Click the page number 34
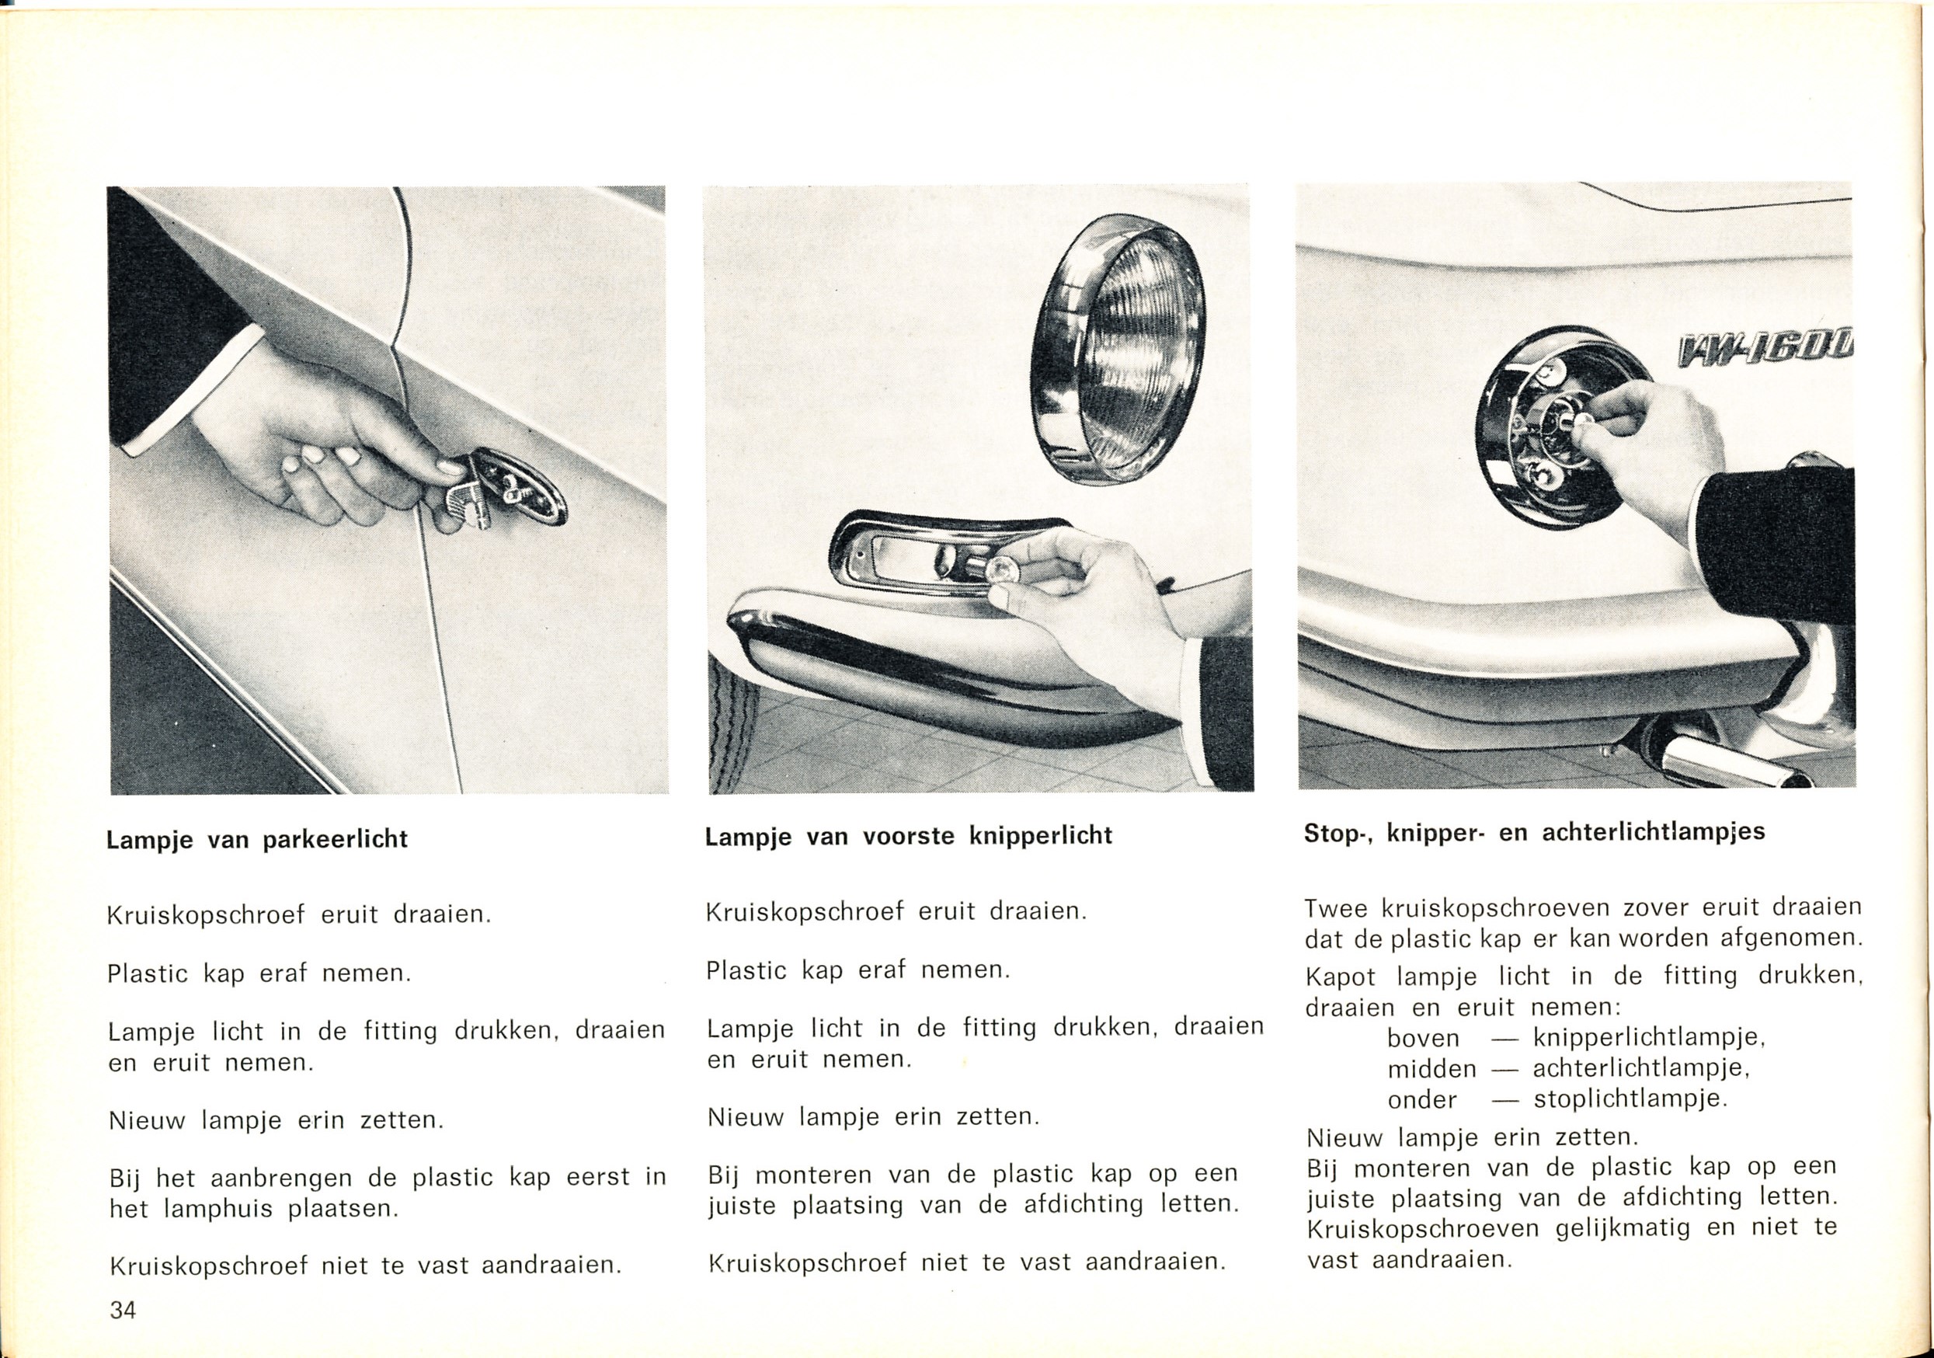123,1310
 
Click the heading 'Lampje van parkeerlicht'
257,840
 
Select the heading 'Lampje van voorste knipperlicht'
909,836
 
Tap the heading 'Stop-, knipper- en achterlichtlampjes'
1534,832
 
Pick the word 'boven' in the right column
1424,1038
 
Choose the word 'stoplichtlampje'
1630,1099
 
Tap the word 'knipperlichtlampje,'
1649,1037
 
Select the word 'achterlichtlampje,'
1642,1068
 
